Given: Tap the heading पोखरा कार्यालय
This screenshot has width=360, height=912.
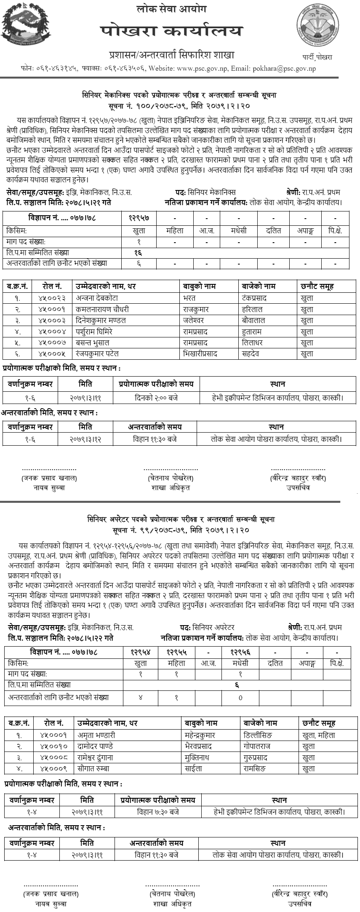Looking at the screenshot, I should coord(172,31).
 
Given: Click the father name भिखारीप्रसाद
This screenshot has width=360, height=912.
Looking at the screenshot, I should coord(200,354).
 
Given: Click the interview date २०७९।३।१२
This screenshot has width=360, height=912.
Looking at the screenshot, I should coord(85,439).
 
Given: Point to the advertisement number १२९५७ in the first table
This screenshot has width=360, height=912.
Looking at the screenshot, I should coord(139,218).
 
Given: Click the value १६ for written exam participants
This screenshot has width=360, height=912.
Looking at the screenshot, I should coord(139,253).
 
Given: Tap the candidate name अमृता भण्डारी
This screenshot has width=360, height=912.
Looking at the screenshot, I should coord(96,735).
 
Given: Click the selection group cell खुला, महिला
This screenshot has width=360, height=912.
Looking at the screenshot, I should coord(319,735).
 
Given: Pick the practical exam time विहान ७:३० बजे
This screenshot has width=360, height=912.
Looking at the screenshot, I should coord(158,812).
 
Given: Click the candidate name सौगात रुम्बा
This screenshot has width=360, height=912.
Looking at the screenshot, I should coord(93,768).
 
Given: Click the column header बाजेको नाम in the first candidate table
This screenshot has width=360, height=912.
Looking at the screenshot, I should coord(259,286).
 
